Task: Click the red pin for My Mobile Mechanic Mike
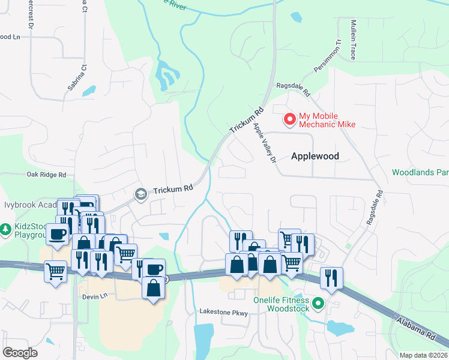tap(290, 119)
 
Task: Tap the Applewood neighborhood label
tap(315, 156)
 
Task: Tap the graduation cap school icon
tap(140, 193)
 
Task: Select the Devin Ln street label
tap(95, 296)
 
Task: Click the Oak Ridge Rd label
tap(46, 175)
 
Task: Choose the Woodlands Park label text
tap(420, 172)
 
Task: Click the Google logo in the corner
tap(20, 353)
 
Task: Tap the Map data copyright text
tap(423, 355)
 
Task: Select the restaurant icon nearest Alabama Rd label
tap(331, 277)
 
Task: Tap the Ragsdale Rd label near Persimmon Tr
tap(292, 89)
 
